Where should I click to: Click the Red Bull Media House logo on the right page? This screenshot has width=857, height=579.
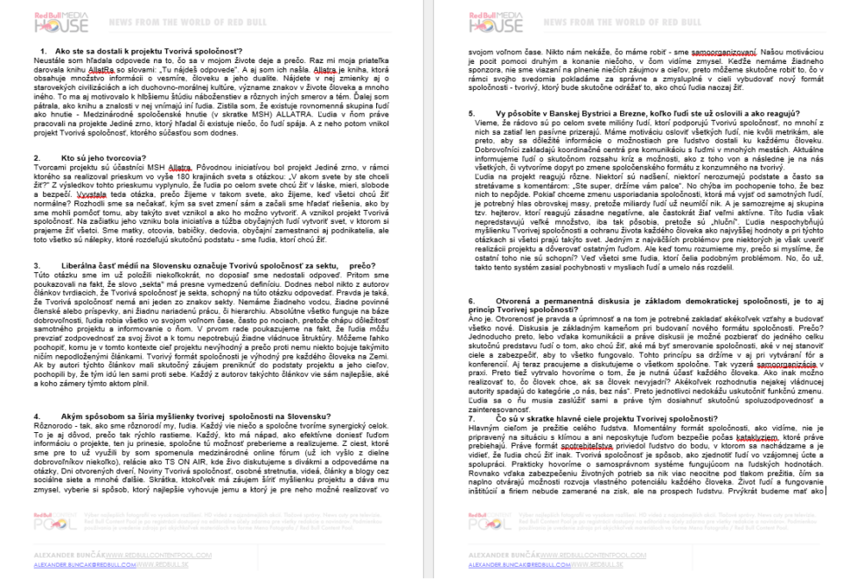click(x=493, y=20)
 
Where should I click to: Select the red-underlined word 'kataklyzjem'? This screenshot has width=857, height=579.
click(x=756, y=436)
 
